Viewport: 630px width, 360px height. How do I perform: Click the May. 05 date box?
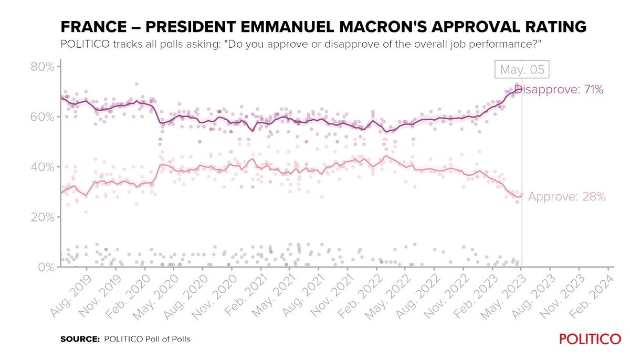pos(522,70)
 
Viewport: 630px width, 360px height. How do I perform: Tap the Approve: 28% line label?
pos(567,197)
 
